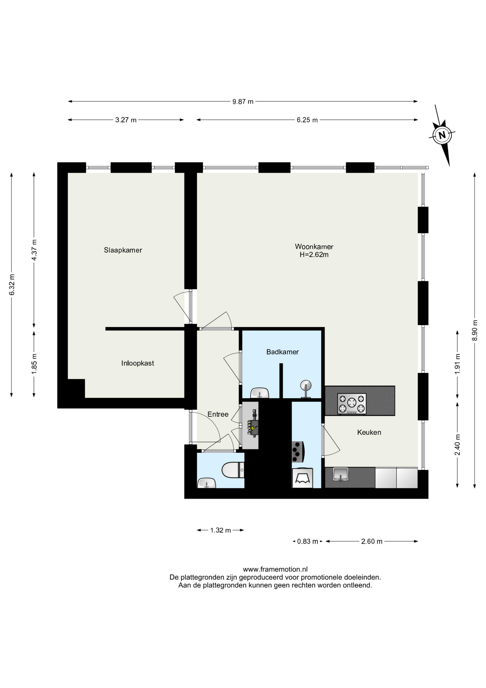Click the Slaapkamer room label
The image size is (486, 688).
coord(123,250)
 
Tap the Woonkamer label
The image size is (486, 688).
coord(314,247)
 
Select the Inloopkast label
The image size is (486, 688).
coord(137,363)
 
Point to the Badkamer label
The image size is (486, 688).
coord(282,352)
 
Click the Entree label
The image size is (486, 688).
coord(218,414)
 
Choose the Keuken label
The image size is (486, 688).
coord(369,432)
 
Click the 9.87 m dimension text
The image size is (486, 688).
coord(243,101)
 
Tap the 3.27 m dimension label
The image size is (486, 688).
coord(126,120)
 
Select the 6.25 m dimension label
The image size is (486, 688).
coord(307,120)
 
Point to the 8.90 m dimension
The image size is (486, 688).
coord(475,330)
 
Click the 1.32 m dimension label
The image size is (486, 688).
coord(220,530)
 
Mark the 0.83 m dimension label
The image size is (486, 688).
coord(307,541)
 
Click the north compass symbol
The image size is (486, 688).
coord(442,135)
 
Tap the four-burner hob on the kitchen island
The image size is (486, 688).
coord(352,404)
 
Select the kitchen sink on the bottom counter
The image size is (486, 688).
coord(341,474)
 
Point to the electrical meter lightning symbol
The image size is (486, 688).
coord(253,427)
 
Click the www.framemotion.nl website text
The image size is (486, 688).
coord(275,569)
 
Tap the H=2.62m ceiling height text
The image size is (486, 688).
coord(314,255)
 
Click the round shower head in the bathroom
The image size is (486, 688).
coord(306,385)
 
